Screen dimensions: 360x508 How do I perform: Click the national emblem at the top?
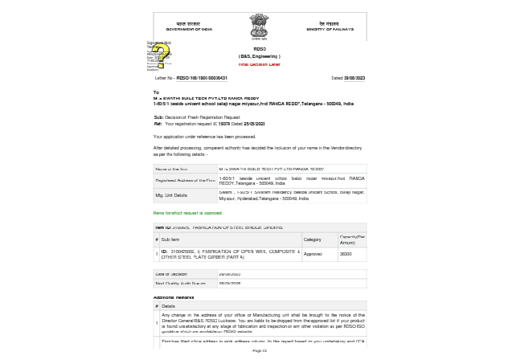pos(259,27)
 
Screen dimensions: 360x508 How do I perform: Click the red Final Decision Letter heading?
pos(259,64)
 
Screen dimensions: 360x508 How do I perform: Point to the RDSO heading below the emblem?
pos(260,49)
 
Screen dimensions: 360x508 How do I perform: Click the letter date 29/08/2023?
pos(354,79)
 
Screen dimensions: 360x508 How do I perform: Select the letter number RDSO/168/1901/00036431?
pos(202,79)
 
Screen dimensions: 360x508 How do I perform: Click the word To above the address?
pos(156,92)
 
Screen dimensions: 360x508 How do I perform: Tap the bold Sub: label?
pos(158,117)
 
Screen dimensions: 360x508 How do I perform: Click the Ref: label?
pos(158,124)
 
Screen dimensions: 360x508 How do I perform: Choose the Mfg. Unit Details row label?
pos(171,195)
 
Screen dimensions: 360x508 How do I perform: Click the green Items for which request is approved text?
pos(187,213)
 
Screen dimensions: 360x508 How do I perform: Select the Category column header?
pos(312,239)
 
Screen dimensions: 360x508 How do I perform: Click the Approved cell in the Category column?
pos(313,254)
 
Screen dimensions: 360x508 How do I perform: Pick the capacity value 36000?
pos(346,254)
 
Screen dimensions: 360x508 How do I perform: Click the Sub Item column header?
pos(170,239)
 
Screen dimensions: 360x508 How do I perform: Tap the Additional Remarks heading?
pos(174,297)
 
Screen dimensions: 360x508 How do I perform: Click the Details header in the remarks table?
pos(168,306)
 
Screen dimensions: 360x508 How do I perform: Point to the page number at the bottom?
pos(260,350)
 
